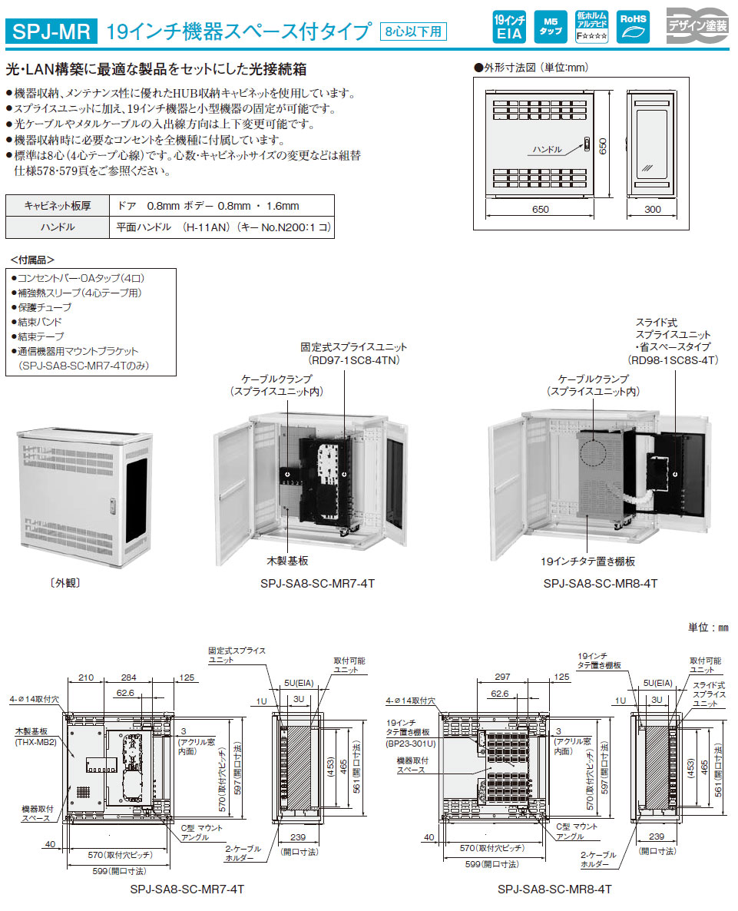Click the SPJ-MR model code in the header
[x=52, y=31]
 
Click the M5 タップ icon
[x=550, y=27]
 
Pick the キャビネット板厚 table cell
[x=58, y=206]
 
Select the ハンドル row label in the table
[x=58, y=227]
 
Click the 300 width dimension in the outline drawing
[x=653, y=209]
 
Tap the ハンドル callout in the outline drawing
[x=547, y=149]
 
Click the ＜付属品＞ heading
[x=32, y=259]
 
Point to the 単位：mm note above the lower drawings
[x=707, y=628]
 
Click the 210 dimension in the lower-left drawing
[x=86, y=678]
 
